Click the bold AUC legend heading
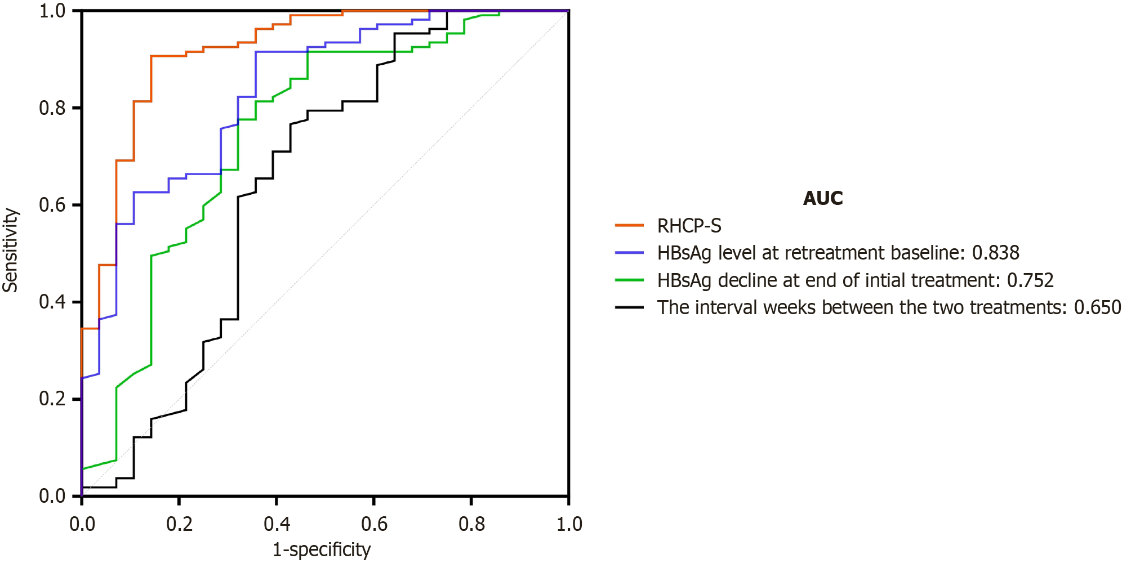(822, 198)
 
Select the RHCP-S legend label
(689, 226)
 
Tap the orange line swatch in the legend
(629, 225)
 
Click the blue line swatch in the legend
(629, 253)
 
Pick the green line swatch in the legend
(629, 280)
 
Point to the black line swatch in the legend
(629, 307)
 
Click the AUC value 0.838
(995, 253)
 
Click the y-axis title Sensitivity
(10, 250)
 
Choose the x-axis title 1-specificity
(322, 549)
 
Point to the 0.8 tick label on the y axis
(52, 108)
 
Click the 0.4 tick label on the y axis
(52, 302)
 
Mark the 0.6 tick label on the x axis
(374, 524)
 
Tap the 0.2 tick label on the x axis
(179, 524)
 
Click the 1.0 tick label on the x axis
(569, 524)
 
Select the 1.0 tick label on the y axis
(52, 11)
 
